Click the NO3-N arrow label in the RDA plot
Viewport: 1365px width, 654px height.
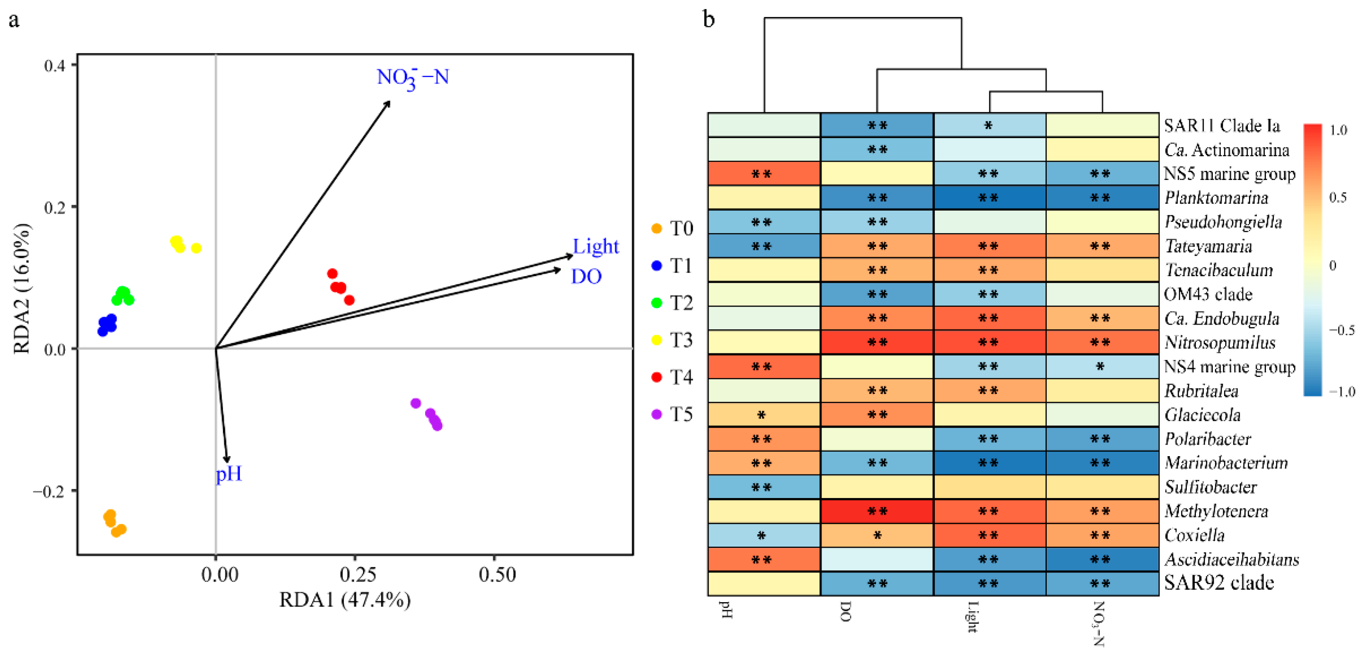point(413,78)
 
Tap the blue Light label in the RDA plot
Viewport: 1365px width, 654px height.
point(595,247)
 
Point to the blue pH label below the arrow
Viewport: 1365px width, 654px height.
point(229,474)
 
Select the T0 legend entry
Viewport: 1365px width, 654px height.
point(673,229)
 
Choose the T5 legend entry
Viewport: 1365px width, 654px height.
point(673,414)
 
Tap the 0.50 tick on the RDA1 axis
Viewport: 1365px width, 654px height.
point(496,574)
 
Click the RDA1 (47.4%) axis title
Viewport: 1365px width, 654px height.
point(345,600)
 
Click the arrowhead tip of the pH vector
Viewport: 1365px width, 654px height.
point(228,462)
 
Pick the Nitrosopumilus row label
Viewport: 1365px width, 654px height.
point(1220,343)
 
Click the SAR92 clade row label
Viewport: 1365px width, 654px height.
point(1219,583)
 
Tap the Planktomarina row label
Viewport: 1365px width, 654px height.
point(1216,198)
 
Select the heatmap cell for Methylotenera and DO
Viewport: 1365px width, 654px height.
point(877,511)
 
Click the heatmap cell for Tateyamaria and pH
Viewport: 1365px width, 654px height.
point(764,246)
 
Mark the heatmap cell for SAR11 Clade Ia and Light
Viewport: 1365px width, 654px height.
point(989,126)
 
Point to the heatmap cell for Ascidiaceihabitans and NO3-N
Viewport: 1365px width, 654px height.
point(1102,559)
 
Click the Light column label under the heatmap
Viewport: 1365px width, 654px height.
point(972,617)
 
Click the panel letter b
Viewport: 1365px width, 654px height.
point(709,19)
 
